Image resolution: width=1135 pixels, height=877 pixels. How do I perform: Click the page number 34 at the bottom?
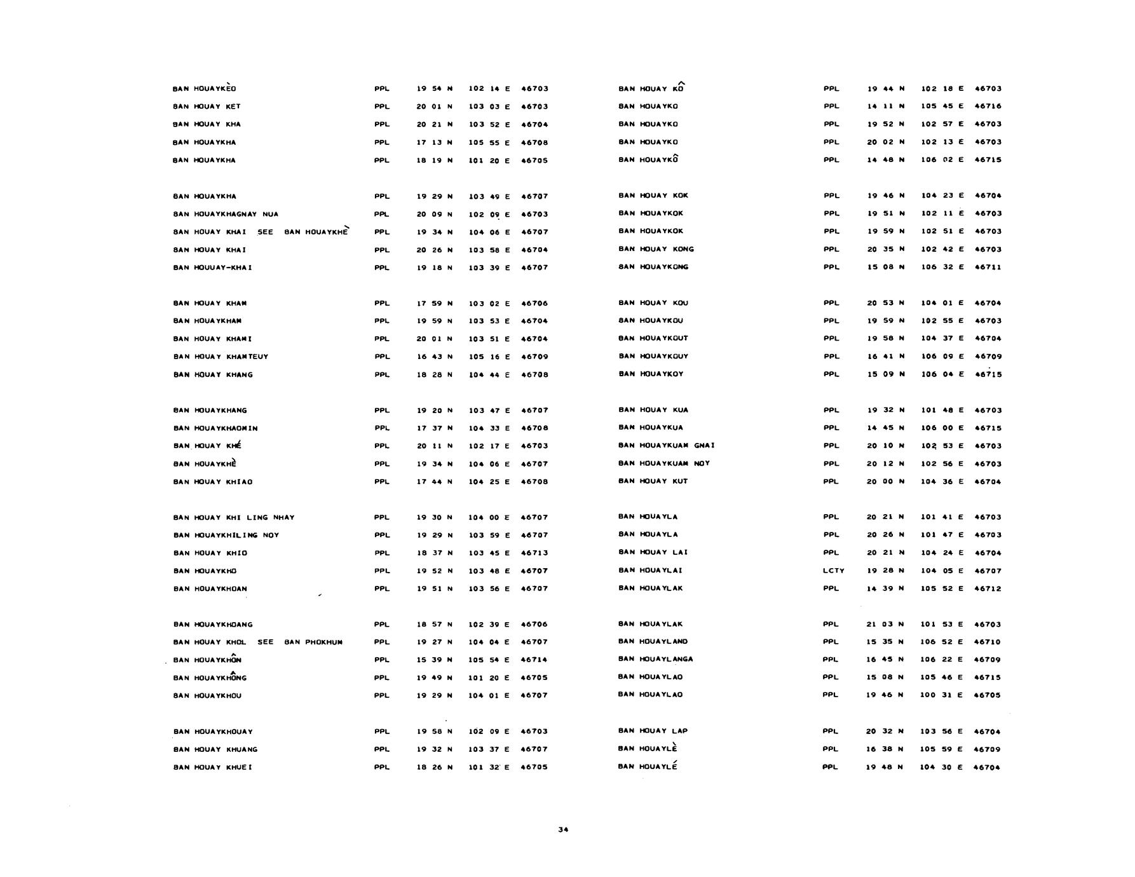[562, 829]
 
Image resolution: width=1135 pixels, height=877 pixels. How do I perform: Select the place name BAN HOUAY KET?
[207, 107]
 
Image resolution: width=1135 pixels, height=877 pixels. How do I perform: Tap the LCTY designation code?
[833, 571]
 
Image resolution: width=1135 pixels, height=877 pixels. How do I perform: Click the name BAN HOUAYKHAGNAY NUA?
[226, 214]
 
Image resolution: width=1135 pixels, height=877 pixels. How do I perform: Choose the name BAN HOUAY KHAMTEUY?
[221, 357]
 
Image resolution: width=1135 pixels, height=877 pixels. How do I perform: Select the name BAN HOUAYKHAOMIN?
[215, 428]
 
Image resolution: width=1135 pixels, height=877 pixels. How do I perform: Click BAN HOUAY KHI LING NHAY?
[234, 517]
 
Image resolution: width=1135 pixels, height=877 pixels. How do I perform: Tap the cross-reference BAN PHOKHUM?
[313, 642]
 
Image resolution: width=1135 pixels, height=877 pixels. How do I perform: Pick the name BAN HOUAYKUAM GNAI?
[666, 445]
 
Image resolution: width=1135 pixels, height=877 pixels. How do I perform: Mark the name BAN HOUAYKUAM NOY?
[663, 463]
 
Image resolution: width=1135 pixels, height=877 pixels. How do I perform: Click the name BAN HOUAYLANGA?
[655, 659]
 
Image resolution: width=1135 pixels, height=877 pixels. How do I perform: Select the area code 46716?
[988, 106]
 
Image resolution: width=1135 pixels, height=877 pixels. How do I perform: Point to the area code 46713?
[534, 553]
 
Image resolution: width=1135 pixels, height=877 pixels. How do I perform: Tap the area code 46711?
[988, 267]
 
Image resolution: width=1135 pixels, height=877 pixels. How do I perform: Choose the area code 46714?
[534, 660]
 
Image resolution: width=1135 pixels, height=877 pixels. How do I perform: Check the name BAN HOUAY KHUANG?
[215, 749]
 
